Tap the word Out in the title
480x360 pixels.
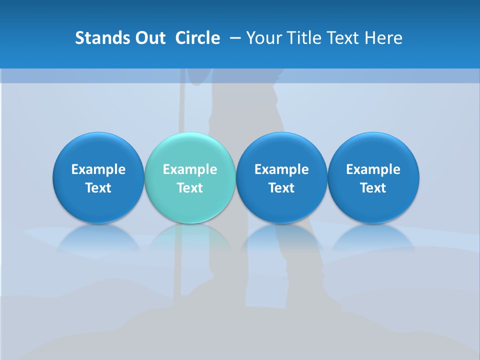click(x=148, y=38)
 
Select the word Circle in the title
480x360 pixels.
click(x=197, y=38)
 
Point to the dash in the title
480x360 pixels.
click(x=235, y=38)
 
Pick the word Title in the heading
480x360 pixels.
click(x=303, y=38)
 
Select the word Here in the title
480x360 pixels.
click(x=384, y=38)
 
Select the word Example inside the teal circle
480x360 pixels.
click(x=190, y=169)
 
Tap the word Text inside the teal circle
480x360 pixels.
click(x=190, y=188)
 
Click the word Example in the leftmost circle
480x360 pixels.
click(x=98, y=169)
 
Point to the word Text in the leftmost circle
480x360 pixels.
click(x=98, y=188)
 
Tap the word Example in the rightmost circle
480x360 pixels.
click(x=373, y=169)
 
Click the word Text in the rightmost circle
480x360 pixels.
click(x=373, y=188)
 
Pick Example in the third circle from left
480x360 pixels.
click(x=281, y=169)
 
